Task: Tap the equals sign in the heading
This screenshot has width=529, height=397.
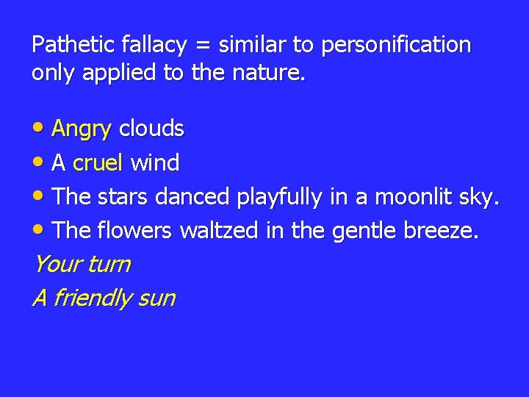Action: point(201,46)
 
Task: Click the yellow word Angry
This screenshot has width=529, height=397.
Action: point(82,130)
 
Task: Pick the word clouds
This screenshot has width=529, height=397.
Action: point(151,129)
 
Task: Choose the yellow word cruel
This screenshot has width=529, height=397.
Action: point(98,162)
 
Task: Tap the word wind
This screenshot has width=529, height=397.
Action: point(155,162)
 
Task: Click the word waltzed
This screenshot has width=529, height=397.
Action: point(219,231)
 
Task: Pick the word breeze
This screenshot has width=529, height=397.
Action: point(442,231)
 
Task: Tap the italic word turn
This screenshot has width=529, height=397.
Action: point(108,264)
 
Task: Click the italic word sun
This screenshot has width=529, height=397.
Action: point(155,298)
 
